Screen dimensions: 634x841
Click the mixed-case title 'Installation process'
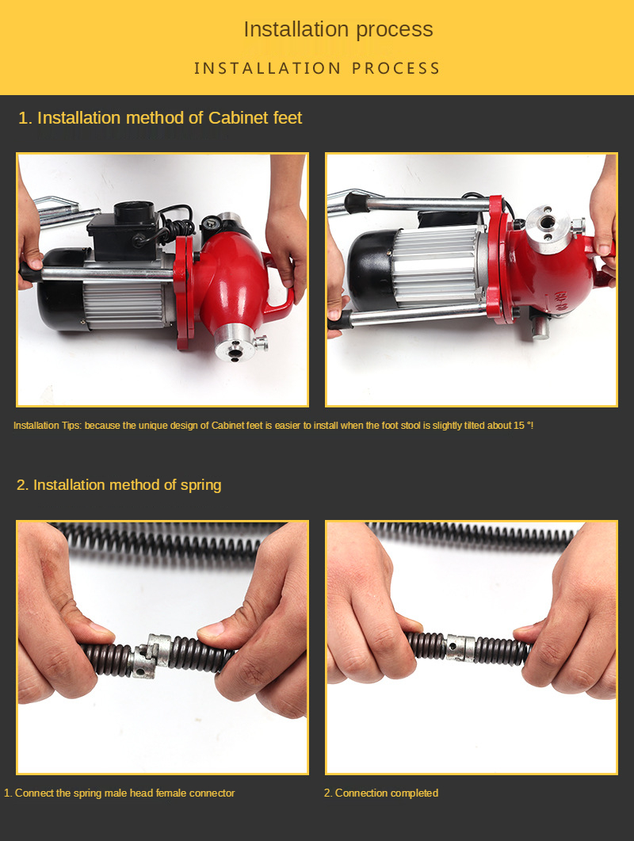click(338, 29)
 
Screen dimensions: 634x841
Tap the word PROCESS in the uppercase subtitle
click(395, 68)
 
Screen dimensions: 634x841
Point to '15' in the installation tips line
click(518, 426)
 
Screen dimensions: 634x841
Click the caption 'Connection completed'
click(386, 793)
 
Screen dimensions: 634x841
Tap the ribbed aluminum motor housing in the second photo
click(437, 266)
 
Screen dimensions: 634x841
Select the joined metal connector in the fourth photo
click(460, 648)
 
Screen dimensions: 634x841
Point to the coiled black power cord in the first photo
click(177, 223)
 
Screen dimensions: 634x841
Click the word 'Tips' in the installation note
click(72, 426)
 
